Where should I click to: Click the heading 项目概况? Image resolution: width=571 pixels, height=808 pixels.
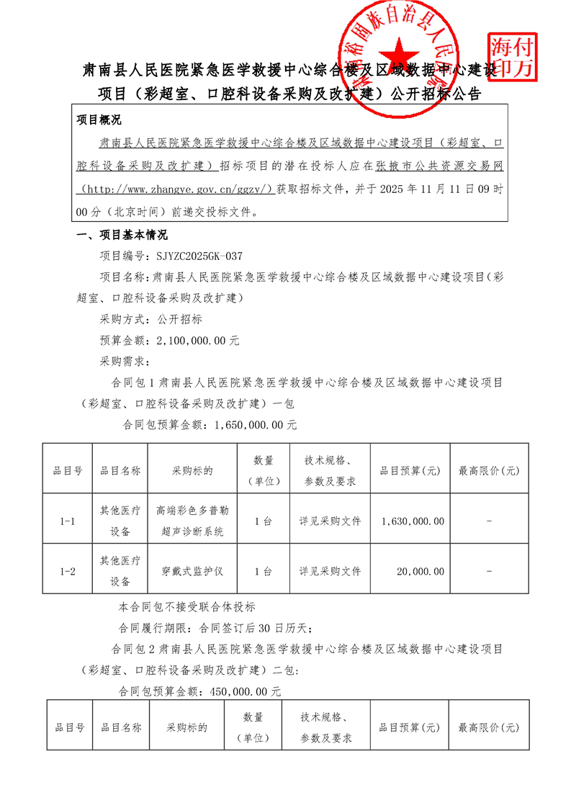coord(99,120)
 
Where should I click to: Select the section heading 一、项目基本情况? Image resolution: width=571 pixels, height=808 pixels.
coord(122,234)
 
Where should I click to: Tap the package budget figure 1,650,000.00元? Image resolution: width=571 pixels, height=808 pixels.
coord(256,424)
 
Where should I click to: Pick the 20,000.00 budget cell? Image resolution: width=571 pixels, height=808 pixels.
coord(421,571)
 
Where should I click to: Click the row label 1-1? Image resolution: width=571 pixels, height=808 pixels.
coord(68,521)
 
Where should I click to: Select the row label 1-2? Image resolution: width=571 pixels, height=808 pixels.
coord(68,571)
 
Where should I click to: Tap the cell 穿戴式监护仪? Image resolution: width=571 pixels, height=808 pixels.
coord(192,571)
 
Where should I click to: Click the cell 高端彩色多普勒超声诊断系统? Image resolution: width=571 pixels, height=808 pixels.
coord(192,521)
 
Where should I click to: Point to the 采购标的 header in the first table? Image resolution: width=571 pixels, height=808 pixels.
coord(192,470)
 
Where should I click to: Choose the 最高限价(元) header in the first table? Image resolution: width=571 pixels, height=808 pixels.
coord(489,470)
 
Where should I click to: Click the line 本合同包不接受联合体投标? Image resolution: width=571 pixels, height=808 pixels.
coord(186,606)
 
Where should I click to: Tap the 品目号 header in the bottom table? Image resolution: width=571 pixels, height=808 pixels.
coord(70,727)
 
